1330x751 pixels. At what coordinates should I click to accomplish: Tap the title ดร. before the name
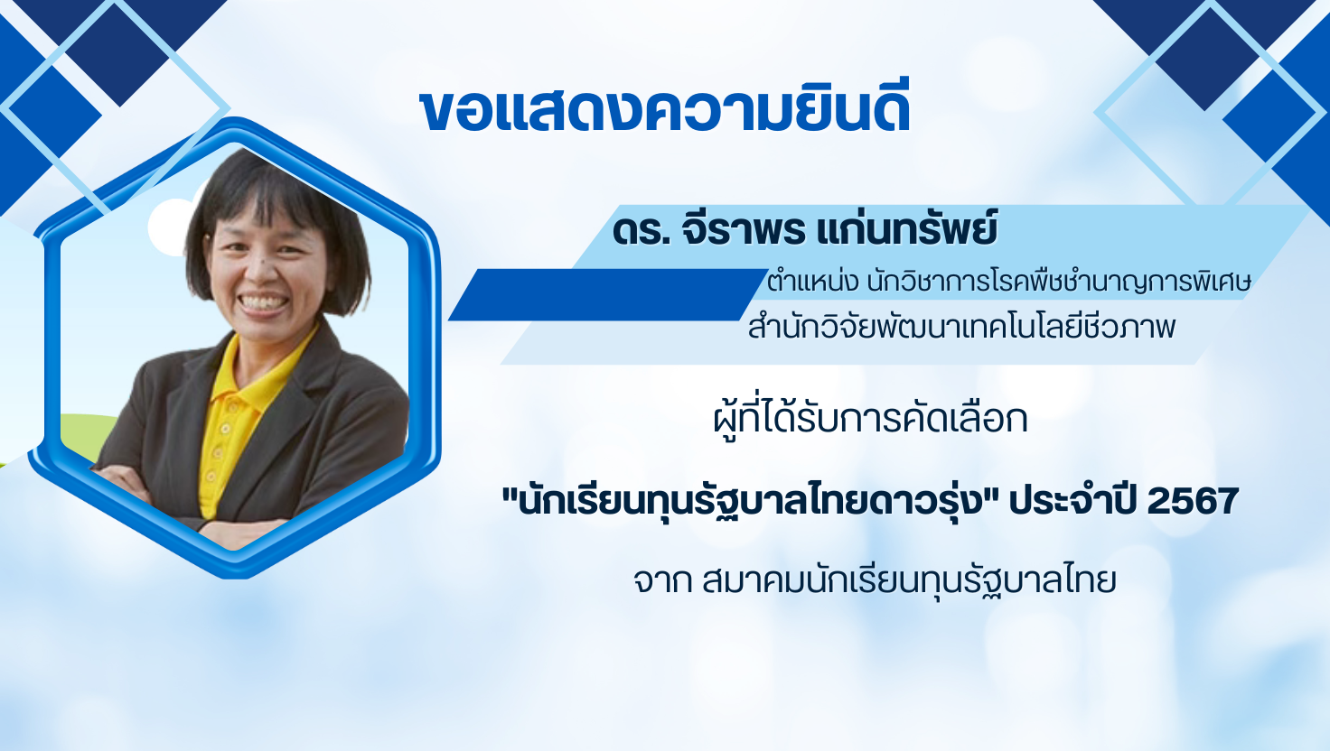click(642, 231)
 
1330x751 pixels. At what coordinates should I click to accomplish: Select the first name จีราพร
click(745, 228)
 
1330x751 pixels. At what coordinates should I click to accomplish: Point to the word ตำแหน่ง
click(812, 282)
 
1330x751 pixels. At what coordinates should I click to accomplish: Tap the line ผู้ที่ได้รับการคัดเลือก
click(870, 418)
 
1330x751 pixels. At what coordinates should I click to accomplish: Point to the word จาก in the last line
click(662, 582)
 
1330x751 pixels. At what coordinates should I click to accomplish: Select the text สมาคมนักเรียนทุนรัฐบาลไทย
click(909, 581)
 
